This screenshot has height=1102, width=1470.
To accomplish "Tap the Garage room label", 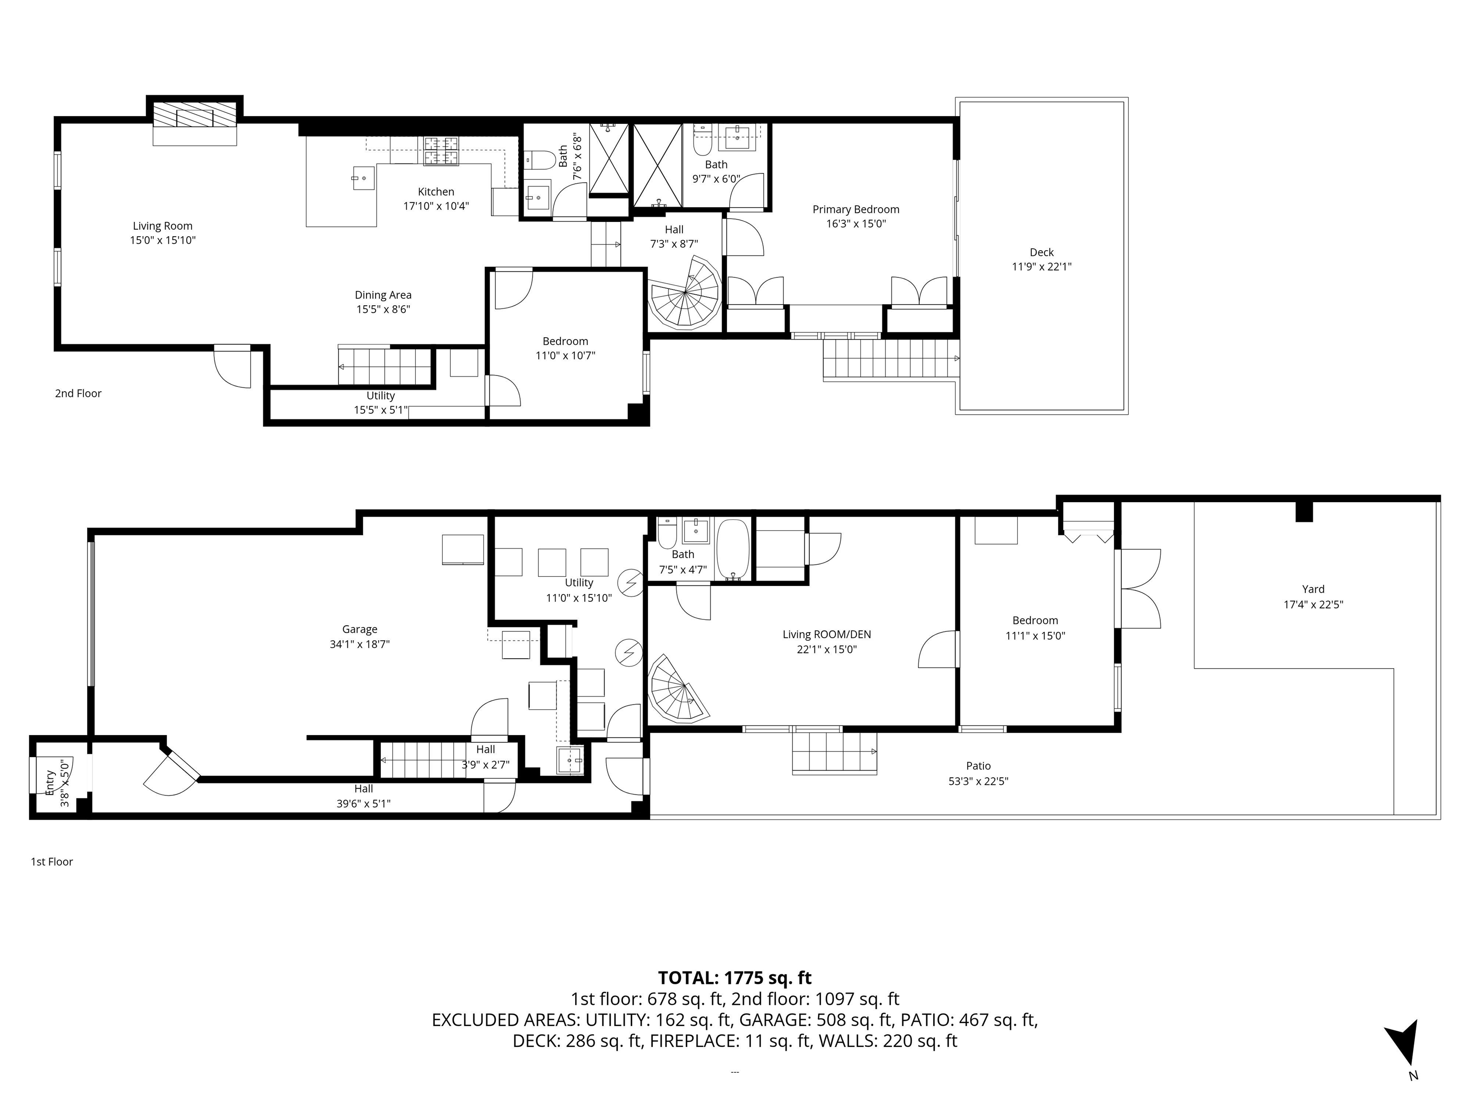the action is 359,629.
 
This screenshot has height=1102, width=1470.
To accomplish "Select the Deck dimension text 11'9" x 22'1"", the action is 1041,267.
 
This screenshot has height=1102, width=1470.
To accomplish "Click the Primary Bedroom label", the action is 856,209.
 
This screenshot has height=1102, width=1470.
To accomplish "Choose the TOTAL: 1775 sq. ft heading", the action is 735,978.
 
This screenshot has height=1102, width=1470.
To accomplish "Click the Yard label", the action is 1313,589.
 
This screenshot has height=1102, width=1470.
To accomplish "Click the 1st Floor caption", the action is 52,861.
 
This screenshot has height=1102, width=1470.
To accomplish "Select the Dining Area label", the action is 383,295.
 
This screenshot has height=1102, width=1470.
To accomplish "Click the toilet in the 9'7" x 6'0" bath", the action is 702,142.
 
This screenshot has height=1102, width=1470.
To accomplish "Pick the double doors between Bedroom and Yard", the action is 1140,588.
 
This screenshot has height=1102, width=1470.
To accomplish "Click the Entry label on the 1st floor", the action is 48,783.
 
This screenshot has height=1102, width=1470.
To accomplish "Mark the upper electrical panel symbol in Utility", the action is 629,583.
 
